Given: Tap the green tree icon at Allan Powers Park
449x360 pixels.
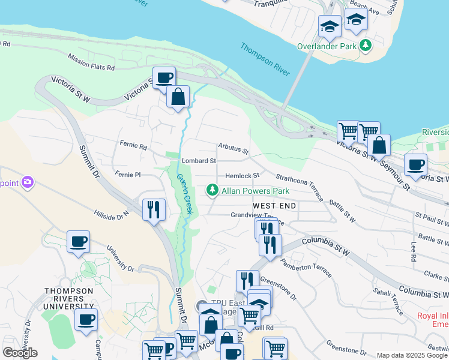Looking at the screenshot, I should point(212,191).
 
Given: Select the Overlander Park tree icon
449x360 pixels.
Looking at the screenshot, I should point(365,46).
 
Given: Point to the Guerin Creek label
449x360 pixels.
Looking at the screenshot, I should point(184,194).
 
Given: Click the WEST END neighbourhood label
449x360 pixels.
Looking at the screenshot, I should point(274,206).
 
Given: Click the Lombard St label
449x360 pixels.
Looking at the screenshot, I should point(199,161).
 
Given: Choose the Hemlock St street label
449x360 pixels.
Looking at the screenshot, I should point(241,176).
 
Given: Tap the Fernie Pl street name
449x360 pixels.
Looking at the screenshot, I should point(128,175).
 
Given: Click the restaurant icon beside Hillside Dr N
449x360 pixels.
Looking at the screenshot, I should point(154,209).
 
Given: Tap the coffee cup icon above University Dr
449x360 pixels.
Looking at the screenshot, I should point(78,241).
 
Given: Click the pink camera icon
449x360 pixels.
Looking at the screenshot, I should point(26,181).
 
